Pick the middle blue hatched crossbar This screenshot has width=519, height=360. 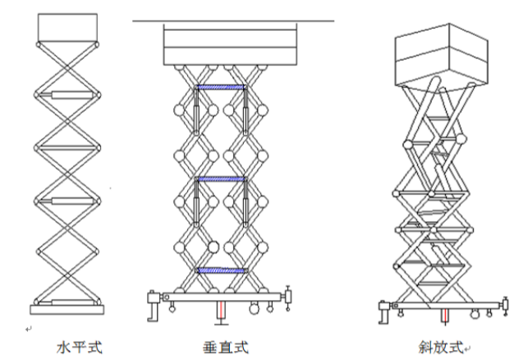pyautogui.click(x=220, y=178)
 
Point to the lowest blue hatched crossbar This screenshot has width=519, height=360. pyautogui.click(x=220, y=270)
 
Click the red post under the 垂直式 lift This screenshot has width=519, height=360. pyautogui.click(x=221, y=311)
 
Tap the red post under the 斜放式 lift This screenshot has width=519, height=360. pyautogui.click(x=444, y=317)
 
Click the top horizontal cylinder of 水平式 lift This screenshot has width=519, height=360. pyautogui.click(x=66, y=97)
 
